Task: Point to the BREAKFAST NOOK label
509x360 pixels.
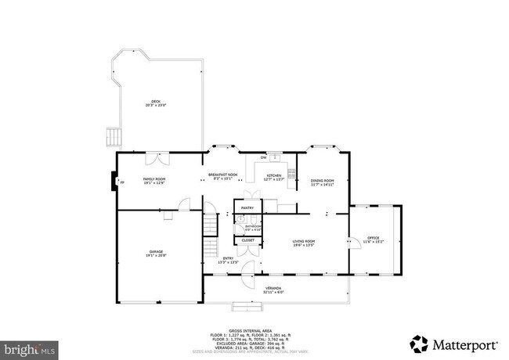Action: pyautogui.click(x=222, y=176)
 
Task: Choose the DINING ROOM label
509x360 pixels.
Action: pyautogui.click(x=322, y=182)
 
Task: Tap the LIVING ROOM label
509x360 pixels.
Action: pyautogui.click(x=304, y=243)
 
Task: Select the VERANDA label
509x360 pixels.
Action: pyautogui.click(x=273, y=289)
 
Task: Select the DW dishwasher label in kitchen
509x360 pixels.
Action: pyautogui.click(x=263, y=157)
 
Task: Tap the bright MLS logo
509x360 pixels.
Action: pyautogui.click(x=28, y=345)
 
